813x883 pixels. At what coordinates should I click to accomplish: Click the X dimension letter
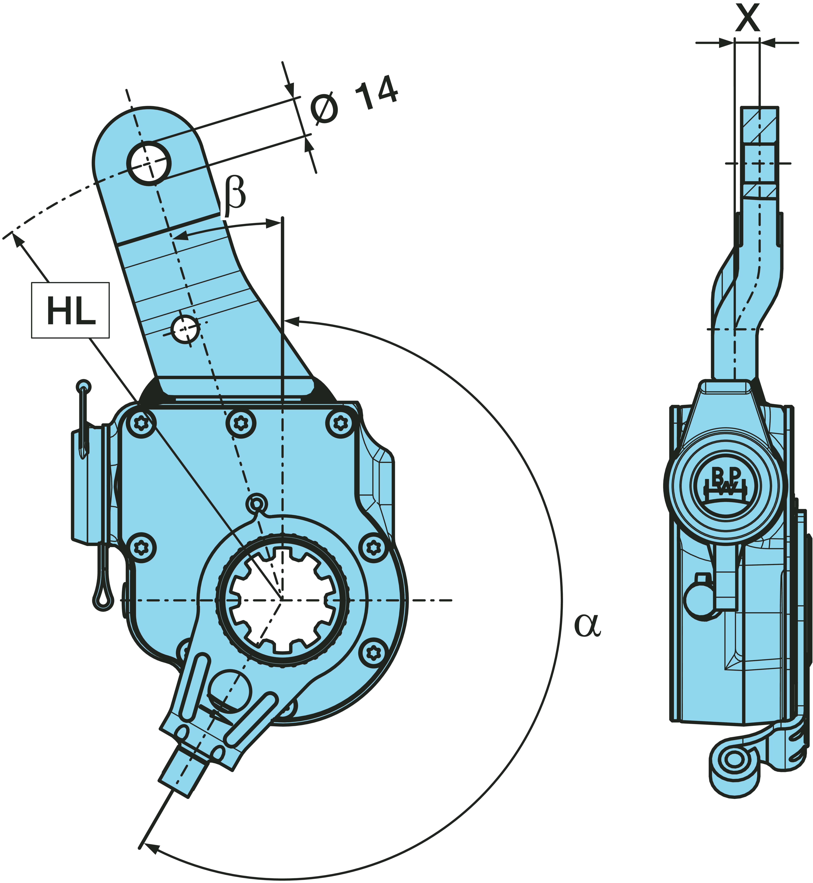point(748,18)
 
